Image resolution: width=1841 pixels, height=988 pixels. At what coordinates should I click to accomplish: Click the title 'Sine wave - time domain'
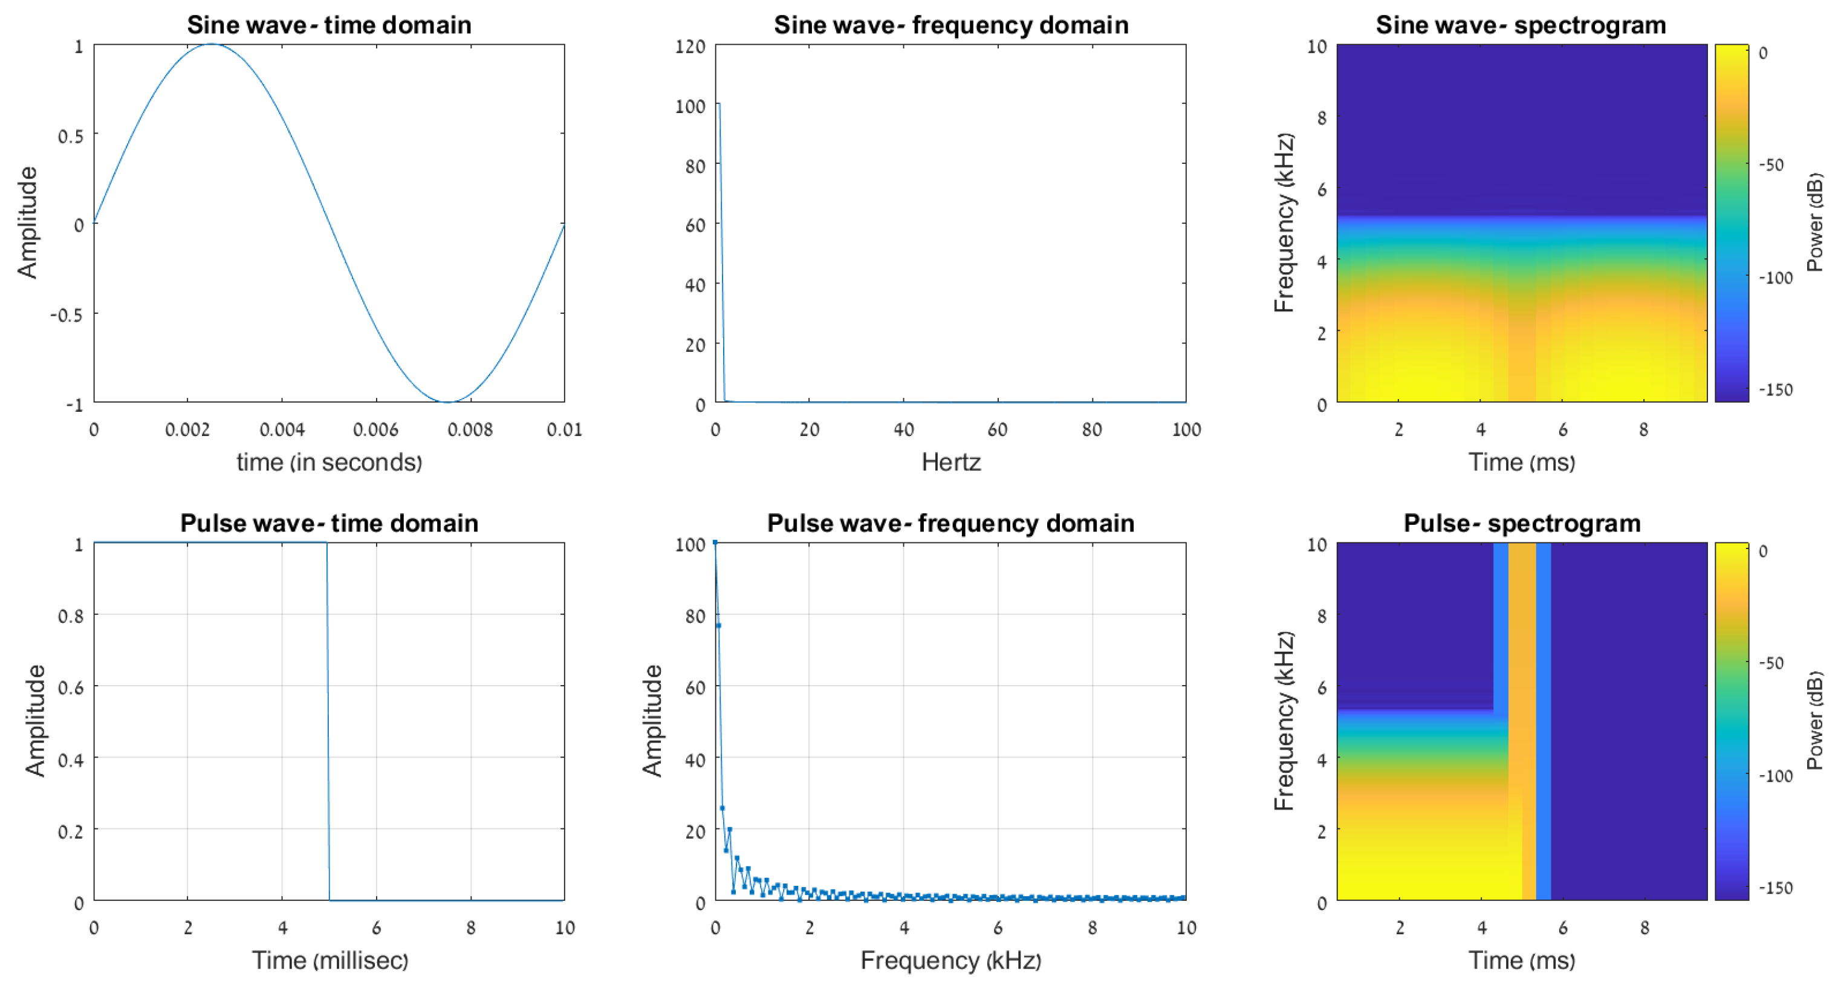(329, 25)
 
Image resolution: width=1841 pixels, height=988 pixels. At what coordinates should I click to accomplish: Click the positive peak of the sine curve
(212, 44)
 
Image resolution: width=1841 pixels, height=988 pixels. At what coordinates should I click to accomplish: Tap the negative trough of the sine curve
(447, 401)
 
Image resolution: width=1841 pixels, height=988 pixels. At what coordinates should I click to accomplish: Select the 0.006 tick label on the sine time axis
(375, 430)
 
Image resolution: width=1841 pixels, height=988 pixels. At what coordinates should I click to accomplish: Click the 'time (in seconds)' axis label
(329, 463)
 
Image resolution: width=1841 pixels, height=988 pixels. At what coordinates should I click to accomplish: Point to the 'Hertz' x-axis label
(950, 463)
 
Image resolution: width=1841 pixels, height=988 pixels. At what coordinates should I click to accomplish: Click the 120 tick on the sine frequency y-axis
(690, 47)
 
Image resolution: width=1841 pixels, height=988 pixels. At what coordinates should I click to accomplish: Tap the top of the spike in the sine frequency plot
(718, 105)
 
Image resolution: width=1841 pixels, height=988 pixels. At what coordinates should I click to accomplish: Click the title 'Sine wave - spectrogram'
(1521, 25)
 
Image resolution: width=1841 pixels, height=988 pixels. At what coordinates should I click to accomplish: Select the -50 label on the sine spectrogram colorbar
(1771, 165)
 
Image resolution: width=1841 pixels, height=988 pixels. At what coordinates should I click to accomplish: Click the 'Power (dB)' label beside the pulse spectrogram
(1815, 720)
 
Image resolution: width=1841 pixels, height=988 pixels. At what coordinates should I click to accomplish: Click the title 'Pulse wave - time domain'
(329, 523)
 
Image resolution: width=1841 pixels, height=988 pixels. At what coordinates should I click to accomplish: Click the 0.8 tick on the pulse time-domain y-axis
(71, 616)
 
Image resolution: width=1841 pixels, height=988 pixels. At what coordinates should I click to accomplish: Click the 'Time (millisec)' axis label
(330, 960)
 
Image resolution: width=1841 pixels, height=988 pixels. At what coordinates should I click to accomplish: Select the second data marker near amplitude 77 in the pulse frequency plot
(718, 626)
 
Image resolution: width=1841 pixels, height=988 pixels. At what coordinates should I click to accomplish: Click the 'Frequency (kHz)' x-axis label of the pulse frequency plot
(950, 960)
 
